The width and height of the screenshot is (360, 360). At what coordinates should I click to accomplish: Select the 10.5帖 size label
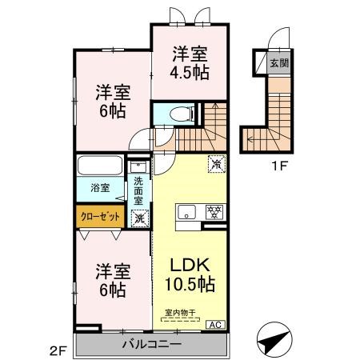190,284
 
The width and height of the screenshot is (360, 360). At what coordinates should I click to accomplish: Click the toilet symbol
176,114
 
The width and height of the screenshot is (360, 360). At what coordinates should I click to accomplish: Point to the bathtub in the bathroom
100,170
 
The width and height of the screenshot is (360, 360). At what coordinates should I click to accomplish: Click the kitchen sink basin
186,212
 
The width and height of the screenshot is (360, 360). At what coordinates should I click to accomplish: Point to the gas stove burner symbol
213,212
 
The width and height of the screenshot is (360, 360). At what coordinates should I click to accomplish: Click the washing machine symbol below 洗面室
139,217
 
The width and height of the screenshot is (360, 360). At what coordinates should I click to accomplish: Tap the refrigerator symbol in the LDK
215,163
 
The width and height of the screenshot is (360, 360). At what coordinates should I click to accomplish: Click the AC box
215,324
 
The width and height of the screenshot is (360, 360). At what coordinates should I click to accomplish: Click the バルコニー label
151,344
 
